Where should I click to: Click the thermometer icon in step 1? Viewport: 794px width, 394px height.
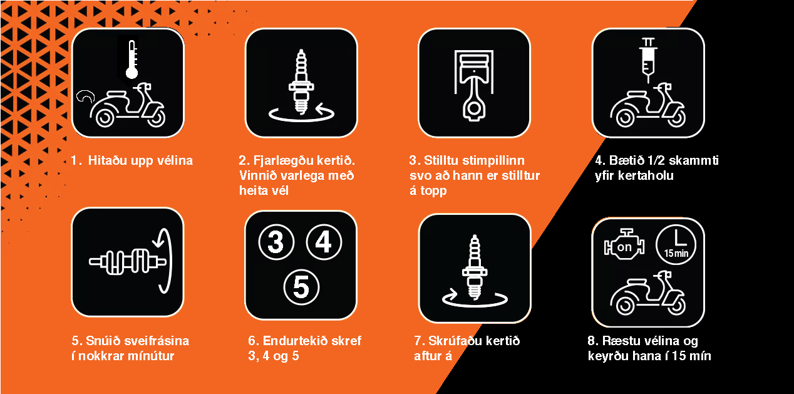click(132, 60)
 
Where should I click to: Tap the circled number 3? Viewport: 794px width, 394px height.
click(276, 242)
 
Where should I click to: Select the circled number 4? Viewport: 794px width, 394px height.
click(324, 242)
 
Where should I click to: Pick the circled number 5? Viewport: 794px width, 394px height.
click(301, 288)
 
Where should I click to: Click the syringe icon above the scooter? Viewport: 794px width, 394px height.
click(648, 60)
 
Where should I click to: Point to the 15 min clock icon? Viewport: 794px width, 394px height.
click(676, 245)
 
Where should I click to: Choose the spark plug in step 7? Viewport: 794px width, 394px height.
click(475, 267)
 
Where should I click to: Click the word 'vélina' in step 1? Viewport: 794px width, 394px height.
click(175, 160)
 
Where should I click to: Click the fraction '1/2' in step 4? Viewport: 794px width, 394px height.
click(656, 160)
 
